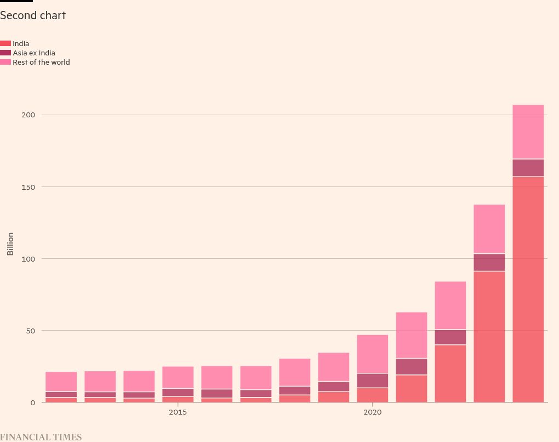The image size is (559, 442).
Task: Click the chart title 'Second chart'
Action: [x=33, y=15]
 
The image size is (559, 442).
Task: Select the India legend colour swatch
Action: [x=5, y=43]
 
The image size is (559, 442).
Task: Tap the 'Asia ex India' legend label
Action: [x=34, y=53]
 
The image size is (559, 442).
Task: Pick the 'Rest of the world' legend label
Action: [x=41, y=62]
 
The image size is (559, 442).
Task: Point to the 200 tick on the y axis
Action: [x=28, y=115]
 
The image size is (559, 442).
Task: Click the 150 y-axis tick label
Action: [x=28, y=187]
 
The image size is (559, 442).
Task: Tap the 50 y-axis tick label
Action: [x=31, y=331]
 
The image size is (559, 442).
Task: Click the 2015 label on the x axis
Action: [x=178, y=412]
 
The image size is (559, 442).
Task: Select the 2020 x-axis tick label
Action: [x=372, y=412]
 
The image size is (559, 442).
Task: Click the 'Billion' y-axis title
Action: [x=10, y=244]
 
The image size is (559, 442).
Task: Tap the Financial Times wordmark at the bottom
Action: [x=41, y=437]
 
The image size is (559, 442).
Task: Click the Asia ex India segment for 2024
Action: [x=528, y=168]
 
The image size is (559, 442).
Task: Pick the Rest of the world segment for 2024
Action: [x=528, y=132]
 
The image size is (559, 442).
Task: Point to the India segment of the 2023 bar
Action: [x=489, y=337]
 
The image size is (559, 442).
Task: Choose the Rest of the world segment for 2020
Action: [x=372, y=354]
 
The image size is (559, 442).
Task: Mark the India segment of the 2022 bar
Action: [x=450, y=373]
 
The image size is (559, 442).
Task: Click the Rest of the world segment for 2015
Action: [x=178, y=377]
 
